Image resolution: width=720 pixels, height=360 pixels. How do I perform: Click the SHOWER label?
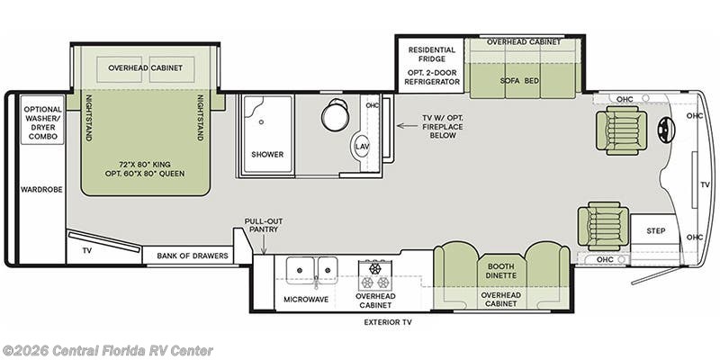point(266,155)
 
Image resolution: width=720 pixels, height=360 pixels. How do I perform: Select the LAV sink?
point(362,146)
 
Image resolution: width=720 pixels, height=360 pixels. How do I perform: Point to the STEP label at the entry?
point(656,231)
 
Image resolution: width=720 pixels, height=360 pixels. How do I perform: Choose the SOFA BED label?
point(519,80)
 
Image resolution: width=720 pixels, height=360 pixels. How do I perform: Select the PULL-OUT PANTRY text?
point(261,225)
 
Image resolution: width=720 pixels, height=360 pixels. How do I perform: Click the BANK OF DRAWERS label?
point(193,256)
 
